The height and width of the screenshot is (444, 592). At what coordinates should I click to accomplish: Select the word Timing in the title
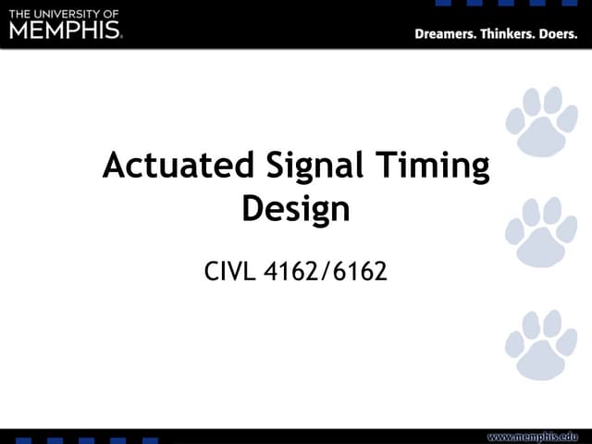click(x=433, y=167)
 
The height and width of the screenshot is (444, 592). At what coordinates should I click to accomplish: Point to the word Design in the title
click(x=296, y=209)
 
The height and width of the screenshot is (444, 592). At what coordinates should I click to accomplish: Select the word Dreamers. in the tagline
click(x=448, y=35)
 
